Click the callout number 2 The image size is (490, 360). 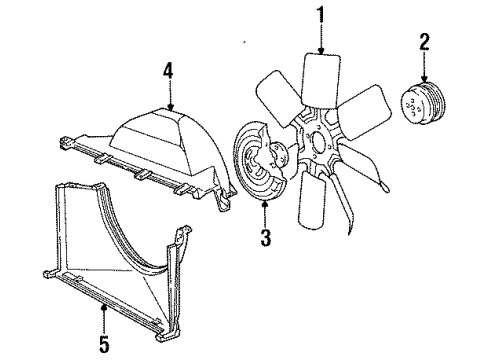[423, 41]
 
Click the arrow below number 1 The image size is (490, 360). [321, 44]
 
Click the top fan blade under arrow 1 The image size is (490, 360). [322, 80]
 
